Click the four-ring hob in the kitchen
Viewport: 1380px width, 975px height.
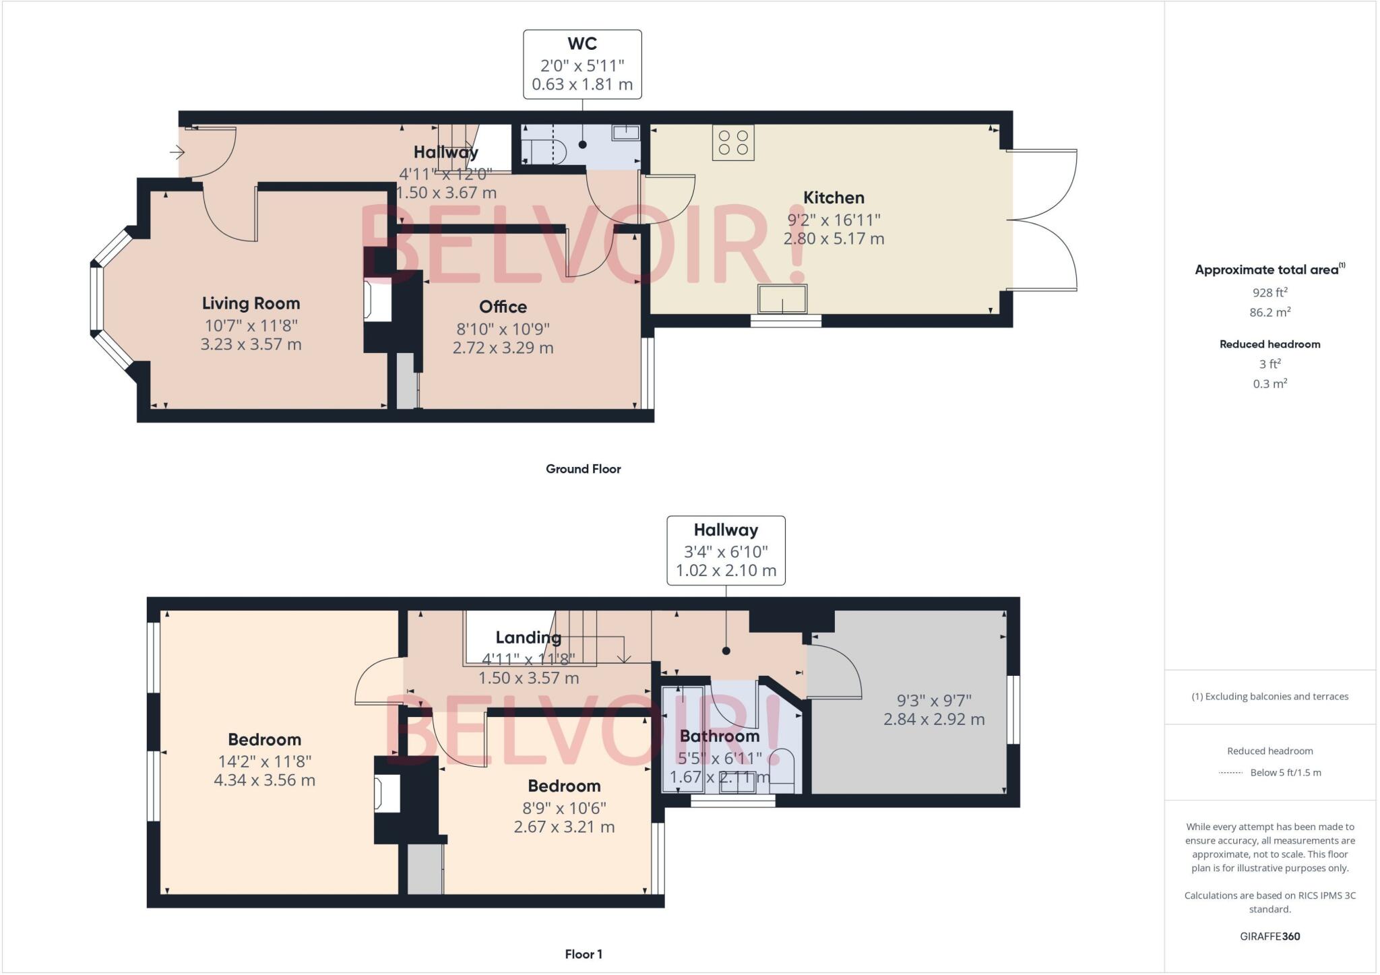733,143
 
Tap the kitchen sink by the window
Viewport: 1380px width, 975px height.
782,299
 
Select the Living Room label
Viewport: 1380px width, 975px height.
251,303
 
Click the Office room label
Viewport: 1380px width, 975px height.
503,307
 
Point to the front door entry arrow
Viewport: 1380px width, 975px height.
177,153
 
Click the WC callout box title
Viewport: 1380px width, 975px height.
582,44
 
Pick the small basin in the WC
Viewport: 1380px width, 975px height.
625,132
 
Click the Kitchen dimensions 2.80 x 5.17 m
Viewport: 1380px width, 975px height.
834,239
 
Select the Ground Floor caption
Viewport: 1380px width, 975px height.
583,469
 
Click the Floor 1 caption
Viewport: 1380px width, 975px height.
584,954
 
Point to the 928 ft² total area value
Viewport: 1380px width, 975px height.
1269,292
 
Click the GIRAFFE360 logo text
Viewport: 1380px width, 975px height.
1269,937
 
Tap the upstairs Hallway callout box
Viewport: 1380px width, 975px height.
726,550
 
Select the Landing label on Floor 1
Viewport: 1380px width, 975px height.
528,637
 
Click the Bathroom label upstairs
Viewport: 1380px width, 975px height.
719,736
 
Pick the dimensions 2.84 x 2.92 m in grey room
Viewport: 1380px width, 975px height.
934,719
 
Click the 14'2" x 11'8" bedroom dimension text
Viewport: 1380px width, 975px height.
264,761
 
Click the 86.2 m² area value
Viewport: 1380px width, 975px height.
1269,312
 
